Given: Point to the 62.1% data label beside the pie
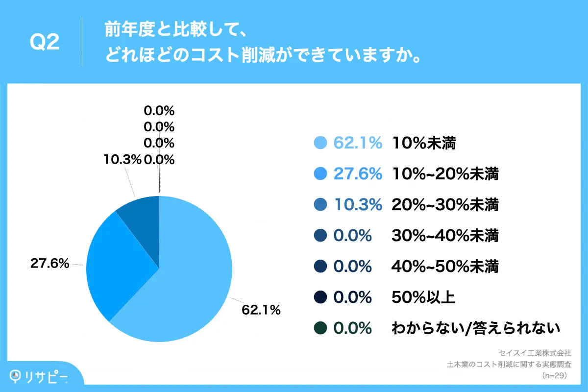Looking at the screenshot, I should (261, 310).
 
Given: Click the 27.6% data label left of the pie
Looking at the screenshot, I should (49, 264).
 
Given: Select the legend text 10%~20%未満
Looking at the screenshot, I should (445, 174).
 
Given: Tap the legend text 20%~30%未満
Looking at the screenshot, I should (445, 205).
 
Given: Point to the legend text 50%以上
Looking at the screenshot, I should (423, 297).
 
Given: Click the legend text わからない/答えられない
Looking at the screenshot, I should (475, 328).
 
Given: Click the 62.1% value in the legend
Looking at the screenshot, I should (358, 143).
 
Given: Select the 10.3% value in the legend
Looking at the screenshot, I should (358, 205).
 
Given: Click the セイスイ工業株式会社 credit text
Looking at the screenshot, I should (535, 353).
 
